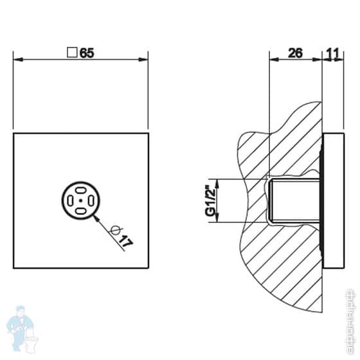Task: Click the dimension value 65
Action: click(x=87, y=54)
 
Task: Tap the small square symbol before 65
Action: click(x=73, y=54)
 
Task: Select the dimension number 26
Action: click(x=295, y=54)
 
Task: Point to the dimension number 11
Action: click(x=334, y=54)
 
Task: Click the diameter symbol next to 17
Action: click(x=115, y=232)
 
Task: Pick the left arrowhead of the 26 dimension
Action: click(x=273, y=60)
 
